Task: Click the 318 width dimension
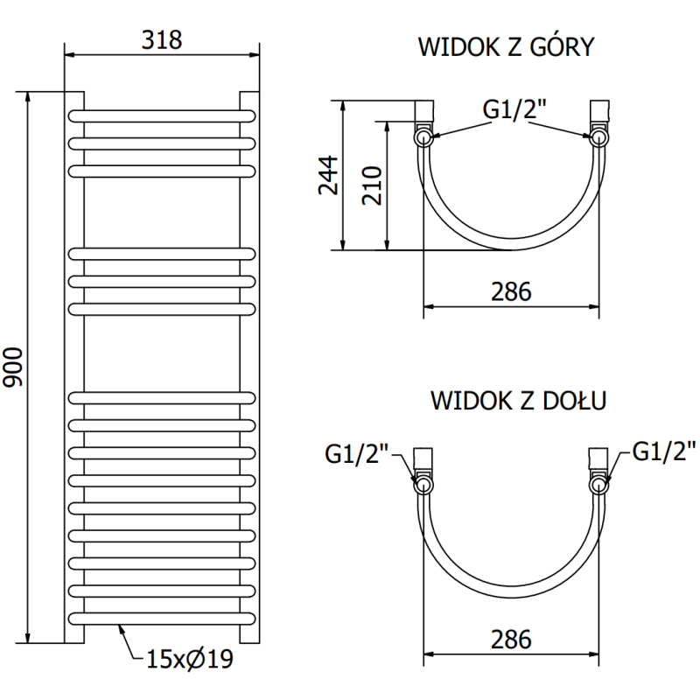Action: point(162,40)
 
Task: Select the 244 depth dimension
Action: point(325,177)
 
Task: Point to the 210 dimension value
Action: point(372,185)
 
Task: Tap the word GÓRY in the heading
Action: point(559,47)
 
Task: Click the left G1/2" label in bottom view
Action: point(353,454)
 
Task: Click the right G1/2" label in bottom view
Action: point(663,451)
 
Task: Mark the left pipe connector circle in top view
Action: point(423,136)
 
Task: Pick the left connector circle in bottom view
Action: point(423,485)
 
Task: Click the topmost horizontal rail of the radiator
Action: point(162,115)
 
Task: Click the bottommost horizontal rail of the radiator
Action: point(162,616)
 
